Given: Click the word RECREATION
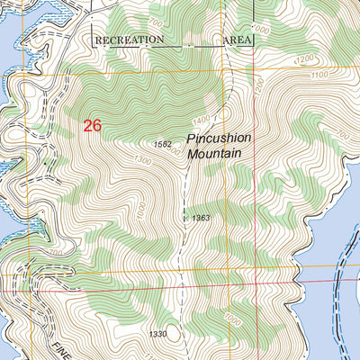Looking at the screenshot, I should point(130,40).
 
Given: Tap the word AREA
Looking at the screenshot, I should point(236,40).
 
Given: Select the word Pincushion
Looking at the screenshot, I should point(220,139).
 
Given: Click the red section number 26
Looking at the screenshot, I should point(92,126).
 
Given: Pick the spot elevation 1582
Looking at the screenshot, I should point(162,144).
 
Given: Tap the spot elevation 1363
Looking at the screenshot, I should point(201,219).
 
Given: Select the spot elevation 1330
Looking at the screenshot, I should point(158,335).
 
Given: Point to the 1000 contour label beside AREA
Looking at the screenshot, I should point(261,31).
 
